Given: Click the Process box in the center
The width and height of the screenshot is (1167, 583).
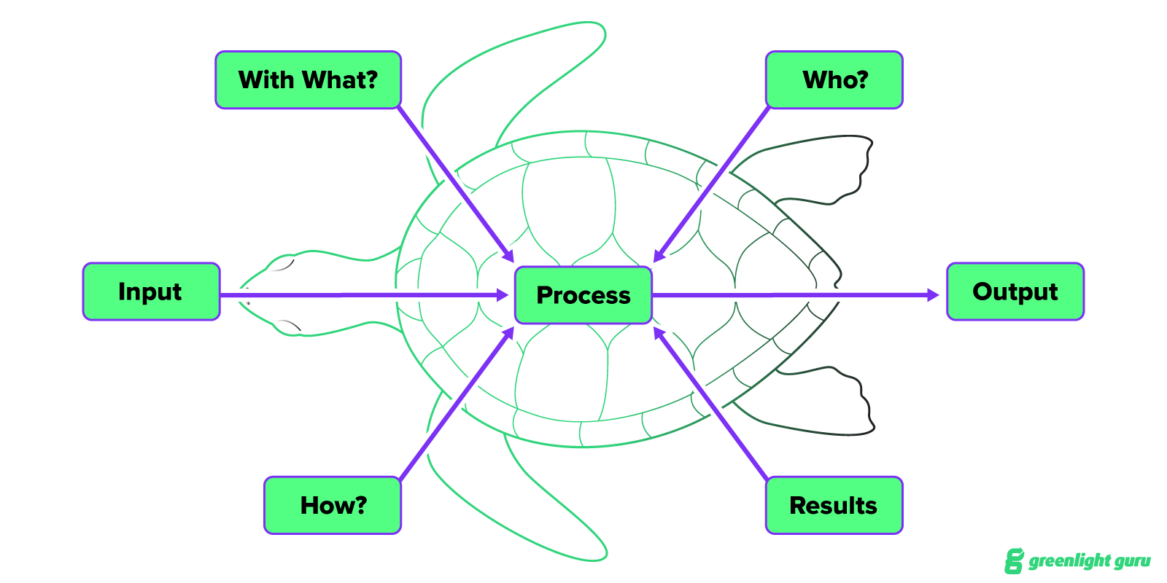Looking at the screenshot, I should [583, 295].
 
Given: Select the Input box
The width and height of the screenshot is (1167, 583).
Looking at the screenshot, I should [151, 291].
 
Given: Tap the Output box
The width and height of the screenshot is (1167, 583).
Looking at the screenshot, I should [1015, 291].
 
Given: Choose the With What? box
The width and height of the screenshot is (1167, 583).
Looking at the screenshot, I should [308, 79].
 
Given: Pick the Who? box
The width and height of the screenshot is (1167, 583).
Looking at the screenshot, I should [834, 79].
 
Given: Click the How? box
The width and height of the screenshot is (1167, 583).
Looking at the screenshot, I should [333, 505].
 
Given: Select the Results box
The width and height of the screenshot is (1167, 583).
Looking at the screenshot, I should [834, 505].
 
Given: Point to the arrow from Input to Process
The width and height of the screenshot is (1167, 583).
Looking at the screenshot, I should [365, 295].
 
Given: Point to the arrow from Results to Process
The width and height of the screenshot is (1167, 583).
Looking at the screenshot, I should [711, 404].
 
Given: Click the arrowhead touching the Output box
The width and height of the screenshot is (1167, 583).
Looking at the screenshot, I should [933, 295].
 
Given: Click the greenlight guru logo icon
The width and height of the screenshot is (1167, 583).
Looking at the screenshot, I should [1014, 560].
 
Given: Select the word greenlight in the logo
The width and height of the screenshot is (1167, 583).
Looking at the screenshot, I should [1070, 560].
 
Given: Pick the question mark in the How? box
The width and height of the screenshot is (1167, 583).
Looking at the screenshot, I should [360, 504].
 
